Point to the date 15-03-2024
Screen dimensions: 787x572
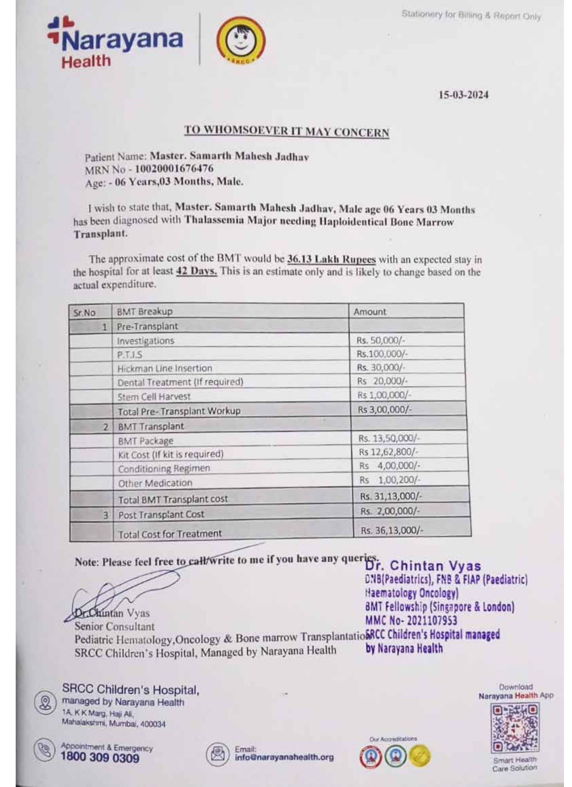(463, 95)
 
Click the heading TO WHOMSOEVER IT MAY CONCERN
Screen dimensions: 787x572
(286, 131)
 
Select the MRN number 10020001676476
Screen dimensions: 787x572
(174, 169)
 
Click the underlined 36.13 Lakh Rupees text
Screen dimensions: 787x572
(331, 259)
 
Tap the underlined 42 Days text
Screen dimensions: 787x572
(196, 272)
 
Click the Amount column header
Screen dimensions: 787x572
(370, 312)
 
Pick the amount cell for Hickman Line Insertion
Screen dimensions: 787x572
(381, 368)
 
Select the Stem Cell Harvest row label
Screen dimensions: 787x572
(154, 397)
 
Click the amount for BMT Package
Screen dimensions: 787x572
(389, 438)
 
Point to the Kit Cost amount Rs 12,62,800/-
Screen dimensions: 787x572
(388, 452)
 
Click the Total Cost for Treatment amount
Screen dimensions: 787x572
(392, 530)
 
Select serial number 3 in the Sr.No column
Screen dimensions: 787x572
(105, 515)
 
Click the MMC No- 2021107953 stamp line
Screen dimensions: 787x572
(411, 621)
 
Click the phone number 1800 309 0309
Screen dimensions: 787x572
(100, 758)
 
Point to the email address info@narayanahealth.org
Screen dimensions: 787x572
(284, 757)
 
